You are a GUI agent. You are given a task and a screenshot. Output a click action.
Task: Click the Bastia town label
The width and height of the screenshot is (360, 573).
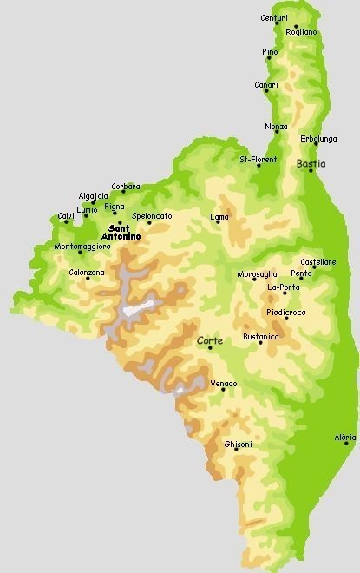(x=311, y=163)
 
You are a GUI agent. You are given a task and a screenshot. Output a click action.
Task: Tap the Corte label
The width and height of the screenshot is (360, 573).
(x=210, y=341)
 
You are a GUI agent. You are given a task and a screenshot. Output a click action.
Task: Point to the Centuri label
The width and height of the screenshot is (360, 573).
(x=274, y=17)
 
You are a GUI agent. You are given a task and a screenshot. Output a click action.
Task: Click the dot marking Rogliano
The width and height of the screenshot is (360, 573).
(x=296, y=26)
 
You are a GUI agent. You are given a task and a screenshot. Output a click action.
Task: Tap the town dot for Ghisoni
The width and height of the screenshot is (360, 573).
(x=236, y=450)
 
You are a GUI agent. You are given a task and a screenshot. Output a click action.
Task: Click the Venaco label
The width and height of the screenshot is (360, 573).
(x=224, y=383)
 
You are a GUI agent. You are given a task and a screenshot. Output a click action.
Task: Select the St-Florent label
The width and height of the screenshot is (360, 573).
(x=258, y=160)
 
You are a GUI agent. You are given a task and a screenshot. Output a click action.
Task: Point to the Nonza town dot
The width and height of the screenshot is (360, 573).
(x=277, y=133)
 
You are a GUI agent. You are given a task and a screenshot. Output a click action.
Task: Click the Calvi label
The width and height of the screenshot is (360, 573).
(x=66, y=215)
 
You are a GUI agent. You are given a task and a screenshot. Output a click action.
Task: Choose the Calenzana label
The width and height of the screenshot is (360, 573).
(x=87, y=273)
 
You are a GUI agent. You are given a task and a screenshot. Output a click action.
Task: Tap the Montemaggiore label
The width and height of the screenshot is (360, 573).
(x=82, y=247)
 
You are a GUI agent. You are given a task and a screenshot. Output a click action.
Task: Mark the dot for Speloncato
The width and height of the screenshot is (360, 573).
(x=149, y=222)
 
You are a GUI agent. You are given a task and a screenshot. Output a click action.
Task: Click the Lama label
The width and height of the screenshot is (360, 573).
(x=219, y=216)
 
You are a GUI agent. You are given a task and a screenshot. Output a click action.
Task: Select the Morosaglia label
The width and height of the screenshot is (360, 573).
(x=257, y=274)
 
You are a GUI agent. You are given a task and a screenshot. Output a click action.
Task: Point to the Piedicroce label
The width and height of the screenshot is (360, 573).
(x=285, y=311)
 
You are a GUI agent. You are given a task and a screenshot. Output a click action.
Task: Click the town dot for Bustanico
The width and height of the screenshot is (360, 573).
(x=260, y=343)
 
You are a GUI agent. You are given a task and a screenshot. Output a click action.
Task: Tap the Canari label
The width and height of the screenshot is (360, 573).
(x=266, y=84)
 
